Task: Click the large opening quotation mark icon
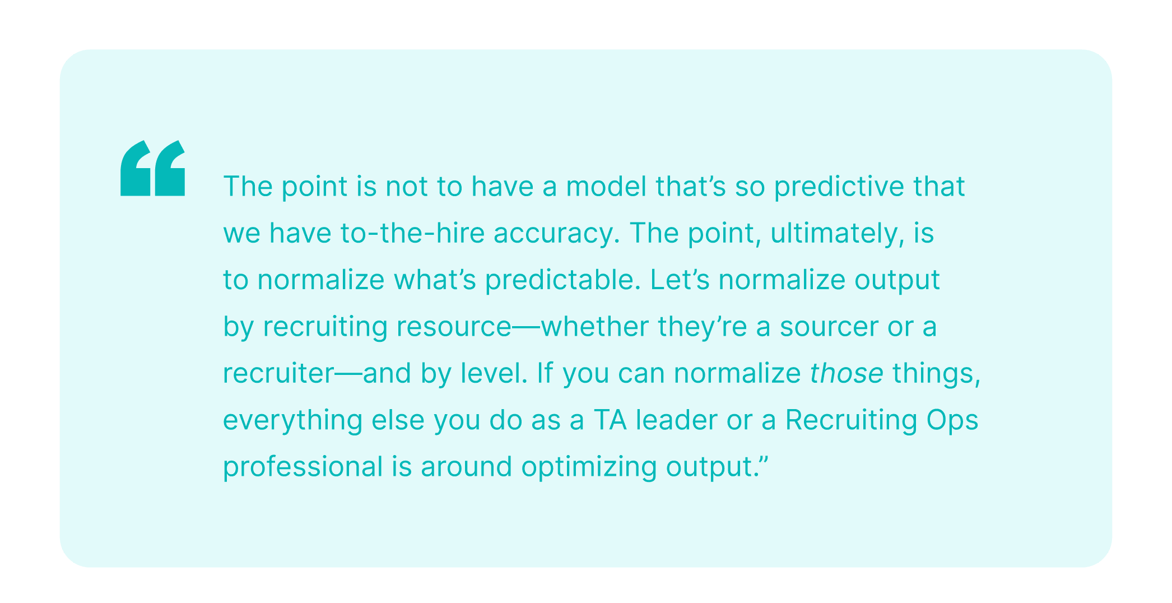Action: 152,168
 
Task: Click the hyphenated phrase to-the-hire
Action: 412,233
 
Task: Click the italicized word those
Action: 847,374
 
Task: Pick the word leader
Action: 676,420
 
